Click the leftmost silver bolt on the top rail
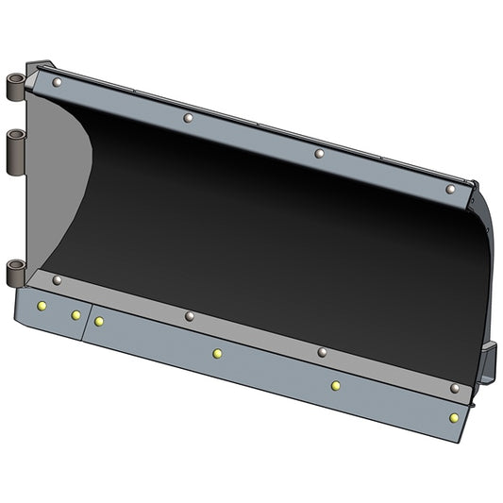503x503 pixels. pyautogui.click(x=58, y=84)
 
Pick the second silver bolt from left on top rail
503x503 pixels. pyautogui.click(x=188, y=118)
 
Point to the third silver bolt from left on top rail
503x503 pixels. pyautogui.click(x=319, y=153)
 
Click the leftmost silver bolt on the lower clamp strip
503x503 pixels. pyautogui.click(x=57, y=280)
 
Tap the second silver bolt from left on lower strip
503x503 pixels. pyautogui.click(x=190, y=316)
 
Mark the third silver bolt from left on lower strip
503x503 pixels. pyautogui.click(x=322, y=352)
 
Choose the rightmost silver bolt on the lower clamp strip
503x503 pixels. pyautogui.click(x=455, y=388)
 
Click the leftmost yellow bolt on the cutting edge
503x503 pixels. pyautogui.click(x=41, y=306)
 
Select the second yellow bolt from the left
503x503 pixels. pyautogui.click(x=75, y=315)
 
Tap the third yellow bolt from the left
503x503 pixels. pyautogui.click(x=99, y=322)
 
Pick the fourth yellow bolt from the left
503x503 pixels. pyautogui.click(x=217, y=354)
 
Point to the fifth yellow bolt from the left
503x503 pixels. pyautogui.click(x=335, y=385)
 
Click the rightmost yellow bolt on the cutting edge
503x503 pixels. pyautogui.click(x=454, y=417)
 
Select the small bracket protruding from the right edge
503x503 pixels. pyautogui.click(x=487, y=363)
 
